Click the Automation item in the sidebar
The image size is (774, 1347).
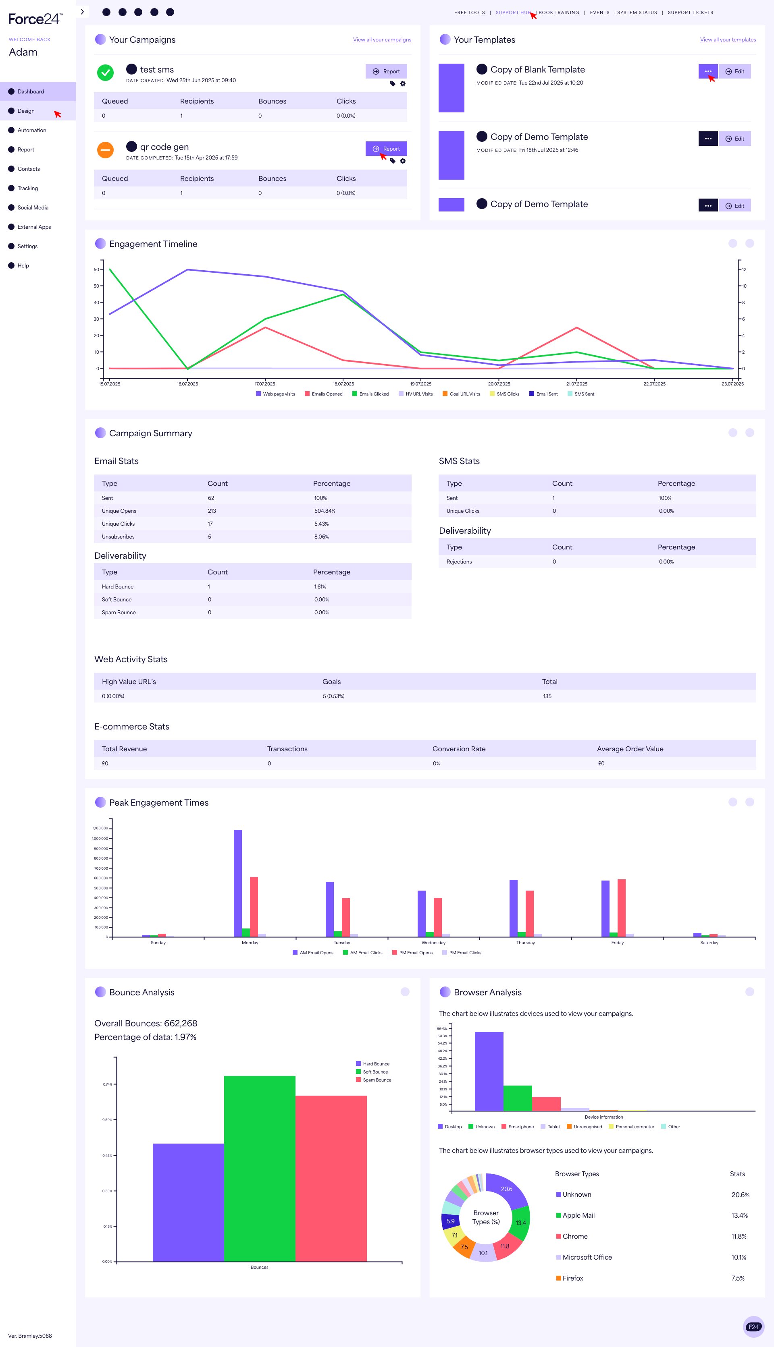(31, 130)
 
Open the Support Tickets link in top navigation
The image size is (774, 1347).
(690, 12)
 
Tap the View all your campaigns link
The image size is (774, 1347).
(382, 40)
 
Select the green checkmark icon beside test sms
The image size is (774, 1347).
(105, 72)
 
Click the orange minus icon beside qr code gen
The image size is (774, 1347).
(105, 150)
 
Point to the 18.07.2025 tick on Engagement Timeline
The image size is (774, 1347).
(343, 383)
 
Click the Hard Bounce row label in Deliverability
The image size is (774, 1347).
(117, 586)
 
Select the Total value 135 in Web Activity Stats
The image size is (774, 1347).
(547, 696)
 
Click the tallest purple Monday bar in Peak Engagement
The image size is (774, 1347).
(237, 882)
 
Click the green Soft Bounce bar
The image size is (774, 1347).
(260, 1169)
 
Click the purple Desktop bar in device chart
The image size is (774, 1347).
(489, 1070)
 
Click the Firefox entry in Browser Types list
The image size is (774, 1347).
(572, 1278)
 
